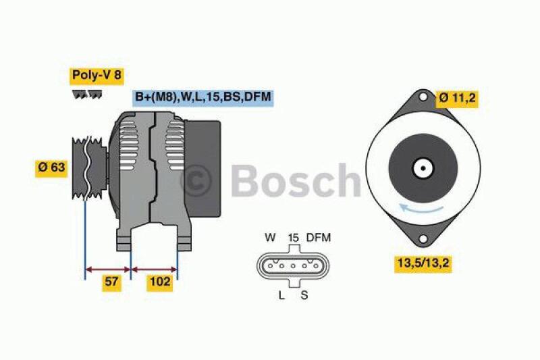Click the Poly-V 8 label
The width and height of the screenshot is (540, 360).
97,75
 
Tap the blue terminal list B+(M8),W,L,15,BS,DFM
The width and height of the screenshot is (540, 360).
202,97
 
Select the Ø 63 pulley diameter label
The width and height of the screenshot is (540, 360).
51,168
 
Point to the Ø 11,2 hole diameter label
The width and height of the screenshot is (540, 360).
457,98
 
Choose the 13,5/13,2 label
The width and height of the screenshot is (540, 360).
423,263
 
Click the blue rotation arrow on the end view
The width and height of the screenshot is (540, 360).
413,208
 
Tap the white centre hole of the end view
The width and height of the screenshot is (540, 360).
423,168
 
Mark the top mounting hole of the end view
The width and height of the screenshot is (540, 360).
423,98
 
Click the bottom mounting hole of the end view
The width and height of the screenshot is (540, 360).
423,238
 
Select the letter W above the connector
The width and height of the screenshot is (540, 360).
270,238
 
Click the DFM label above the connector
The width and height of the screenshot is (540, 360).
319,238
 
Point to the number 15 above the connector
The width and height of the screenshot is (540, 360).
293,238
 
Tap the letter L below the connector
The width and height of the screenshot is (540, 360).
281,294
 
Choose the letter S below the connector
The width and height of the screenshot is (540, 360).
304,294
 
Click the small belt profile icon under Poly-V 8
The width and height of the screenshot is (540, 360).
87,95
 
